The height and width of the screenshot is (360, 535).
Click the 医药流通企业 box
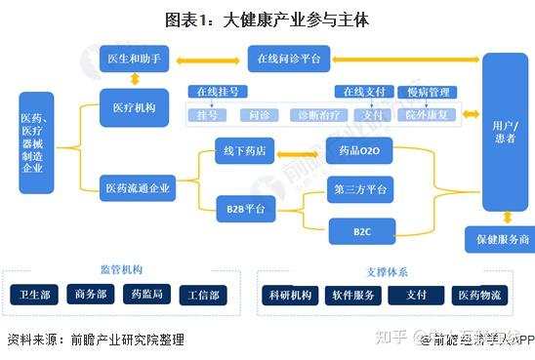point(138,189)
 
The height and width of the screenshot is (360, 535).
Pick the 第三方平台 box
point(358,190)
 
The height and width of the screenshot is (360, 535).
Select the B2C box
point(359,231)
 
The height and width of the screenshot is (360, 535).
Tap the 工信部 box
point(204,294)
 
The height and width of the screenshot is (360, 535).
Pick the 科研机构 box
point(290,295)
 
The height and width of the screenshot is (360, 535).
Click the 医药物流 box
point(482,295)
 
